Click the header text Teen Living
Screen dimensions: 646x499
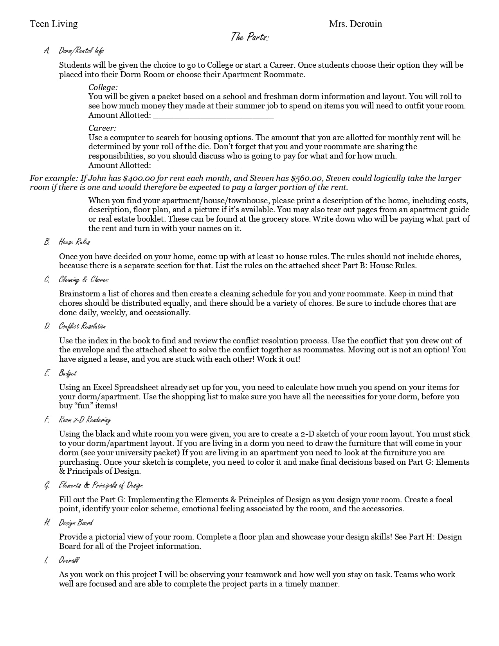coord(54,24)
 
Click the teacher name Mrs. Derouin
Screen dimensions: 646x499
coord(355,24)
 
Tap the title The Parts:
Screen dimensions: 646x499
coord(249,37)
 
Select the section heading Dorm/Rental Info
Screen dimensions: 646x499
coord(81,51)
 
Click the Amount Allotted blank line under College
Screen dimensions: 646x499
coord(213,115)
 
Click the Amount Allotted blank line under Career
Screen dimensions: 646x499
coord(213,166)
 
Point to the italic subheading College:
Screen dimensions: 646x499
coord(103,87)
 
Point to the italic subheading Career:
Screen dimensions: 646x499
coord(102,128)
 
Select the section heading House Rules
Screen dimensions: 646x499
coord(74,242)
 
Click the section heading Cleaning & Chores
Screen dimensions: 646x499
coord(83,280)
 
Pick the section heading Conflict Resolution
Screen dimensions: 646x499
coord(82,326)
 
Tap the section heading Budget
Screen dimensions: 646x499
coord(68,373)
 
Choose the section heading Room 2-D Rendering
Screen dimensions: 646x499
coord(85,420)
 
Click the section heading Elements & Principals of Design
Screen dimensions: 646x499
coord(101,485)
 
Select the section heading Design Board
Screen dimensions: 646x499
coord(76,523)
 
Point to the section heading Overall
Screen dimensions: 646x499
coord(68,560)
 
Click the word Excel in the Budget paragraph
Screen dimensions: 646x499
coord(103,388)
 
